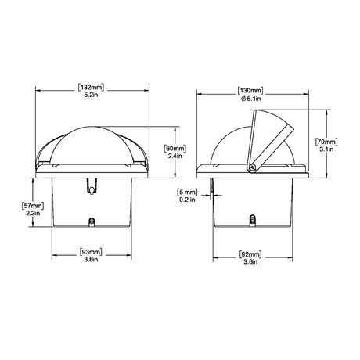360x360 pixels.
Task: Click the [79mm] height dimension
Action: coord(326,143)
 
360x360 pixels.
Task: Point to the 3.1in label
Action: coord(326,153)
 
